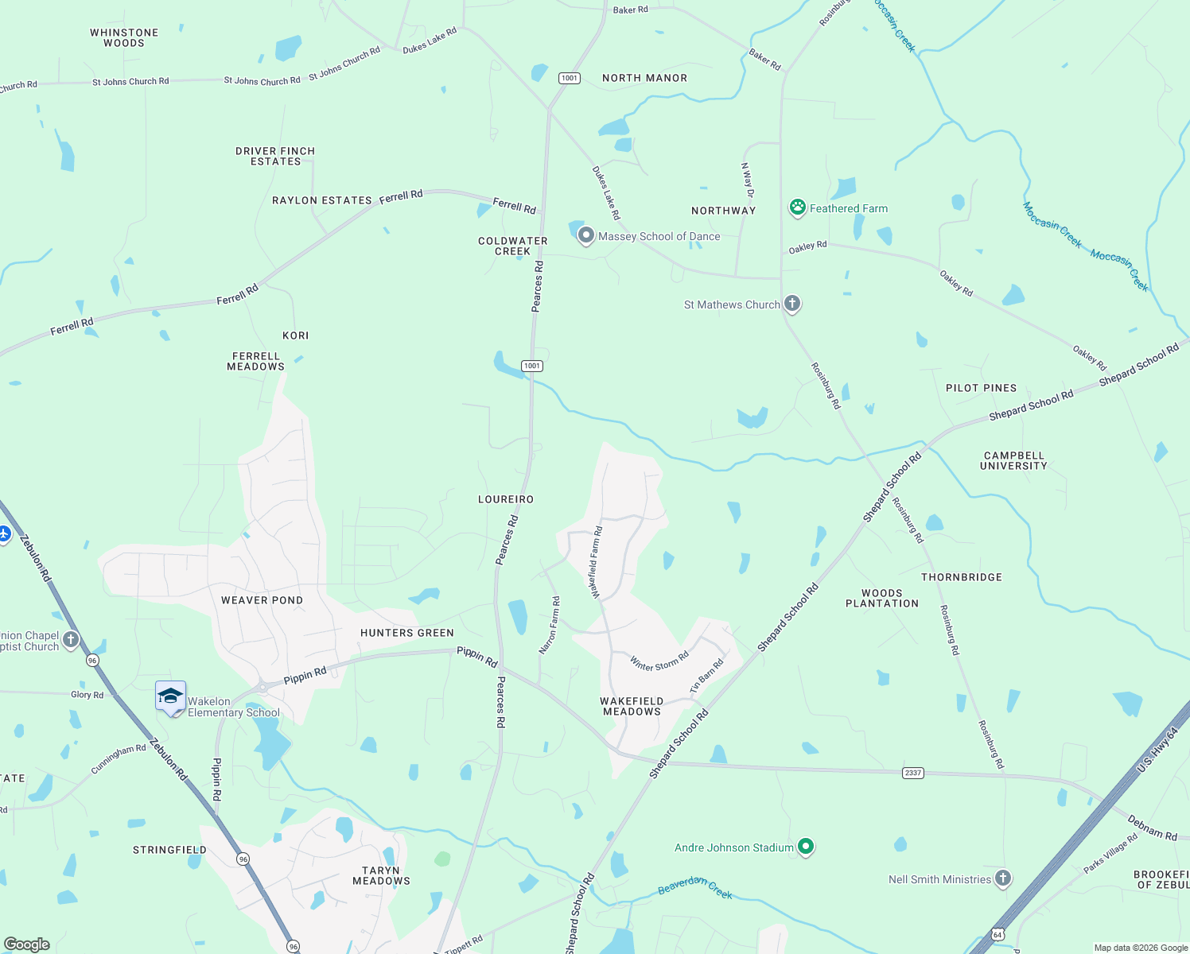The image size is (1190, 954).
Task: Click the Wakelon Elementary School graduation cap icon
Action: click(x=171, y=696)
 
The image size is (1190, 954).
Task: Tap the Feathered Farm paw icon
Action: click(x=797, y=207)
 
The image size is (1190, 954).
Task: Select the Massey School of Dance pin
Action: click(x=586, y=235)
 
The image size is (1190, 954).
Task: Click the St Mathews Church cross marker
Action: click(x=791, y=303)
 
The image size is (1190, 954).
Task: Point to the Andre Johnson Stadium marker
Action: click(x=806, y=847)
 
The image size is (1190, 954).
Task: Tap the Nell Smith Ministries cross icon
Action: click(x=1003, y=878)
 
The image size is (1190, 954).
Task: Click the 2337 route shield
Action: click(x=913, y=773)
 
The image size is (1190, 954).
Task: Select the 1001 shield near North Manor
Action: click(x=570, y=78)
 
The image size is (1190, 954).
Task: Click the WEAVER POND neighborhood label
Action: click(x=262, y=600)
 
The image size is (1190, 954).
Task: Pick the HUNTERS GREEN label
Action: click(x=407, y=633)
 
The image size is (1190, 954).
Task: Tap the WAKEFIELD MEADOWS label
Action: click(x=632, y=706)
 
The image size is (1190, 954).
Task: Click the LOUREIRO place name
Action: click(x=506, y=499)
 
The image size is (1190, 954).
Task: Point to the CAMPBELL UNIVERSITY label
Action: click(x=1013, y=461)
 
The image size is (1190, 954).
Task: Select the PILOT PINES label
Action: click(x=981, y=388)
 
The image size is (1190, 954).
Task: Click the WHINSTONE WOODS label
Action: click(x=124, y=38)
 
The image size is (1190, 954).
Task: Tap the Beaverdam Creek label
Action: click(x=695, y=886)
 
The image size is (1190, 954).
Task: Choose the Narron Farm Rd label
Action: click(x=550, y=625)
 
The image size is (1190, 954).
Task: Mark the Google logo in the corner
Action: click(x=27, y=944)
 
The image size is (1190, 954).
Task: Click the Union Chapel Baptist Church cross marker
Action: click(x=71, y=639)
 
